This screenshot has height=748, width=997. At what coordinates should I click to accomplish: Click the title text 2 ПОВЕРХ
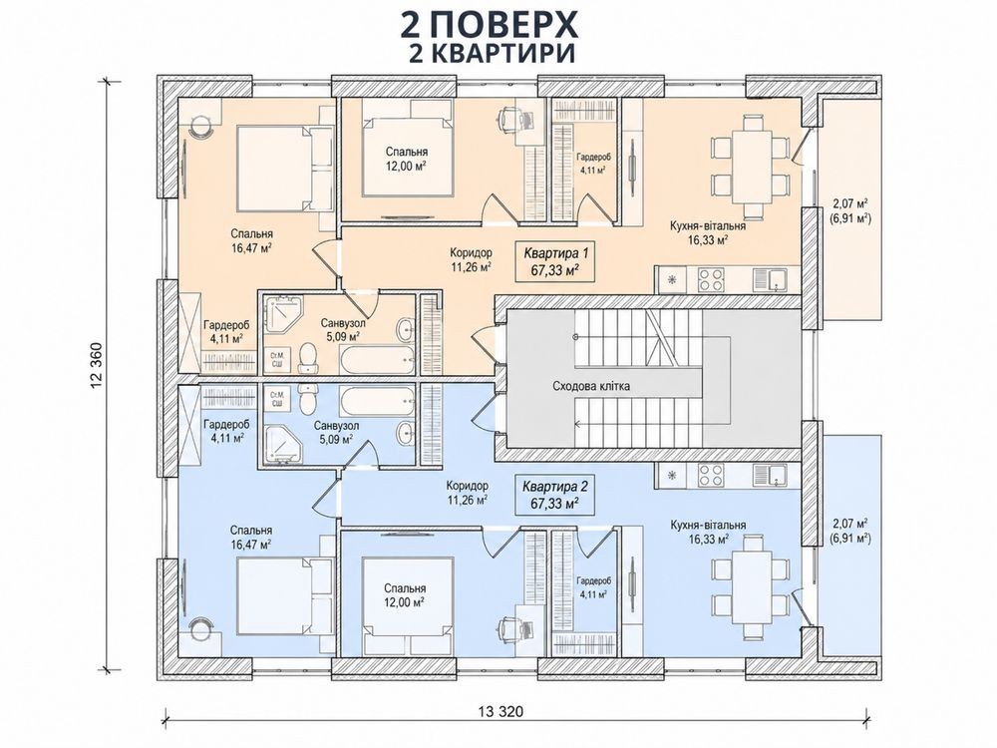(489, 26)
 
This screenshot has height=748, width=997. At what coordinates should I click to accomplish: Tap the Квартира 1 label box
(555, 261)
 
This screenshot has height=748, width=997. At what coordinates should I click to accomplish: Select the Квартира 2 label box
(554, 495)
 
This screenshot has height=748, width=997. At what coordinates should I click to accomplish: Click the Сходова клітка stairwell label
(591, 386)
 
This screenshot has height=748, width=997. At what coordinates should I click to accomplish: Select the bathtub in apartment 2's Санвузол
(377, 399)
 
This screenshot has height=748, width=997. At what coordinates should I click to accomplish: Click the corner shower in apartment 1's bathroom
(280, 315)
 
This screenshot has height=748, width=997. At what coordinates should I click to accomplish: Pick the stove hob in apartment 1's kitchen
(712, 278)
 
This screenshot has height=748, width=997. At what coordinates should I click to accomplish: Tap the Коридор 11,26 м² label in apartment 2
(468, 491)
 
